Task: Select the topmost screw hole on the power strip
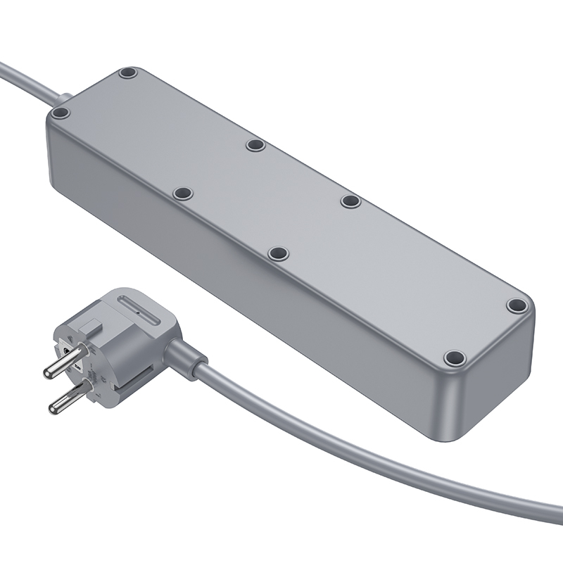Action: [x=127, y=72]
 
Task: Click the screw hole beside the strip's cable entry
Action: [x=61, y=113]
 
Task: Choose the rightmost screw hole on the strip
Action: [x=517, y=306]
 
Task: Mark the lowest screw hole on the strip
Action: [x=455, y=358]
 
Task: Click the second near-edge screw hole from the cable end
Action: [x=183, y=193]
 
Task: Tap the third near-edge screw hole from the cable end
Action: [x=279, y=253]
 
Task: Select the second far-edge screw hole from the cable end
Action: [x=255, y=145]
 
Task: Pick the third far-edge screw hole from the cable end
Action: [x=350, y=201]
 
